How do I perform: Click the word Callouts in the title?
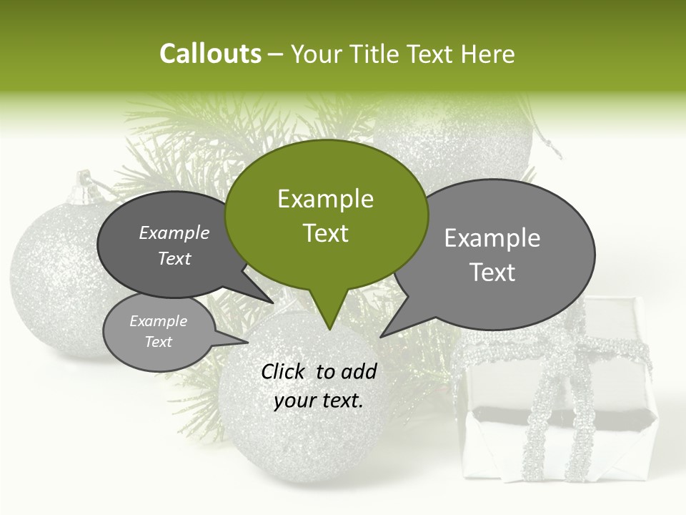point(210,54)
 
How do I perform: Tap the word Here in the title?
point(488,54)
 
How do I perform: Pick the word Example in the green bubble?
point(325,199)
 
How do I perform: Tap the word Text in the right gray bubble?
point(493,273)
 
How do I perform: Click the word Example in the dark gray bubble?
point(174,232)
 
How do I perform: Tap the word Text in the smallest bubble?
point(158,342)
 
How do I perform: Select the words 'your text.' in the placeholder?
point(319,401)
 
